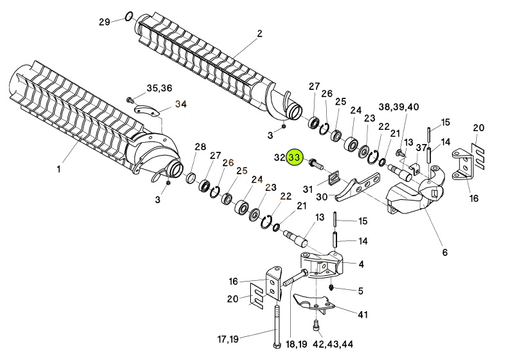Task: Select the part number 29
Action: (x=105, y=22)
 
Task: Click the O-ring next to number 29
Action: (x=129, y=15)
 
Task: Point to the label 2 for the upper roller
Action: (x=260, y=33)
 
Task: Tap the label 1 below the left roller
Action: (x=58, y=170)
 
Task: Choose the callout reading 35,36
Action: (x=160, y=87)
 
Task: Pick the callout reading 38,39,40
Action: (x=399, y=106)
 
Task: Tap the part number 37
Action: (x=421, y=148)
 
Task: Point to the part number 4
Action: (x=361, y=264)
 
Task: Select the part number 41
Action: (x=363, y=314)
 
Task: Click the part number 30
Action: (x=322, y=197)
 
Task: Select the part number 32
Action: (x=279, y=157)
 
